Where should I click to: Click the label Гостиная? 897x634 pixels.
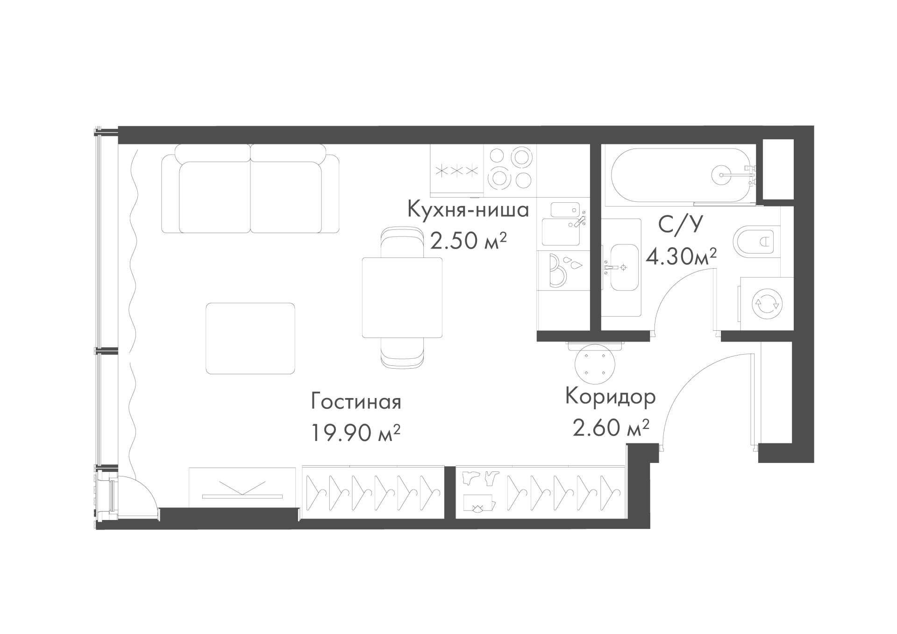pyautogui.click(x=356, y=402)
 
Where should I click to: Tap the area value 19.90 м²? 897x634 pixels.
pyautogui.click(x=356, y=433)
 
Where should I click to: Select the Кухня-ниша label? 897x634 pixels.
pyautogui.click(x=468, y=209)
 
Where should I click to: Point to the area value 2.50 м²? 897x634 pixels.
pyautogui.click(x=468, y=241)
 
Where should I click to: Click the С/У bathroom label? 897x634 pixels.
pyautogui.click(x=680, y=225)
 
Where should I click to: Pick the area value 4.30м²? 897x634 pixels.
pyautogui.click(x=681, y=256)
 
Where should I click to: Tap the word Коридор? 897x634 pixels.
pyautogui.click(x=611, y=396)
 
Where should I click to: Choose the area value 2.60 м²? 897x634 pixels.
pyautogui.click(x=611, y=427)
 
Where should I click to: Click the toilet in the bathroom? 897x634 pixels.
pyautogui.click(x=757, y=241)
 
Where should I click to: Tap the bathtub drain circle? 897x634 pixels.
pyautogui.click(x=723, y=175)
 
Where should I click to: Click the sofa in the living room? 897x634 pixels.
pyautogui.click(x=250, y=189)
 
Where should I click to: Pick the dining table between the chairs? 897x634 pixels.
pyautogui.click(x=402, y=297)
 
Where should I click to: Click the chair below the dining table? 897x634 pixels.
pyautogui.click(x=402, y=353)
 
